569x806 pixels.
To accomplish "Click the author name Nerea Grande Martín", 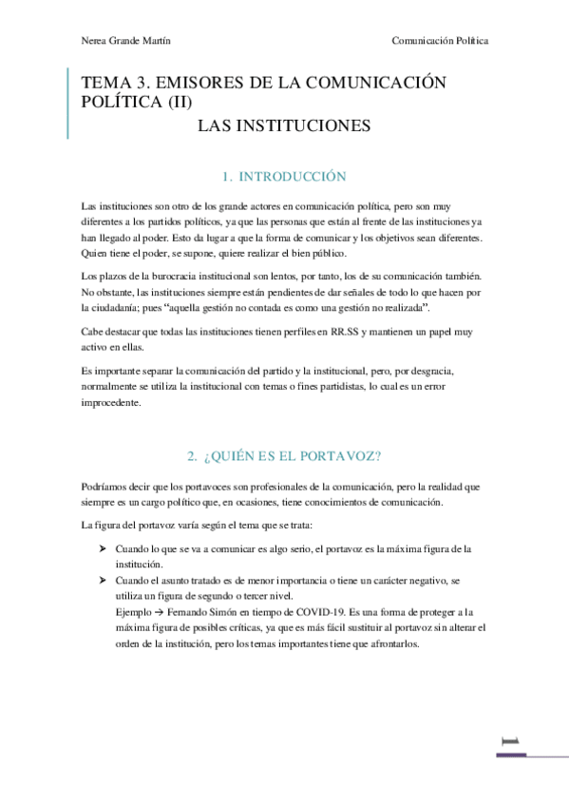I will coord(127,41).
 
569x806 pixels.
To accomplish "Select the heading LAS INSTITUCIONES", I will coord(283,125).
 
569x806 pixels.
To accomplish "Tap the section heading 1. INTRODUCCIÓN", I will coord(283,177).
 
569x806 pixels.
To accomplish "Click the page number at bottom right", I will coord(510,739).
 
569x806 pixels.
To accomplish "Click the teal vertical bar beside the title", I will coord(68,105).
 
